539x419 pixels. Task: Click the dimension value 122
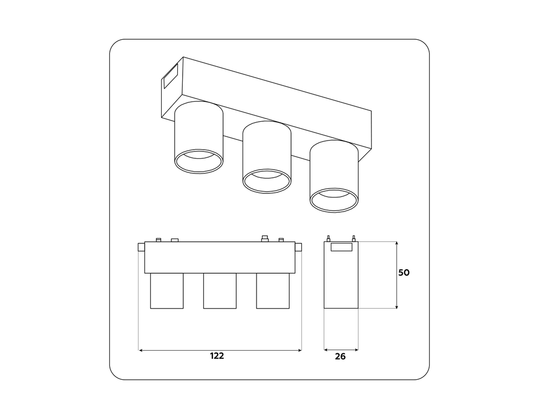[x=217, y=356]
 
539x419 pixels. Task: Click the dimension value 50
[x=404, y=273]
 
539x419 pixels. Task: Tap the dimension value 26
[x=340, y=357]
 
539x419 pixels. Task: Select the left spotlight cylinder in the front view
[x=167, y=291]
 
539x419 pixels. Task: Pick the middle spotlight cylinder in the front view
[x=220, y=291]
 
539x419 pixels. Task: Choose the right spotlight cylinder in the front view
[x=273, y=291]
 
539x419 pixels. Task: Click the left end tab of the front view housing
[x=141, y=247]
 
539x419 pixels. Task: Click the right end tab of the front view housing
[x=299, y=247]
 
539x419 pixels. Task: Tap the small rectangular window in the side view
[x=341, y=247]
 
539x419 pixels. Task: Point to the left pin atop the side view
[x=328, y=239]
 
